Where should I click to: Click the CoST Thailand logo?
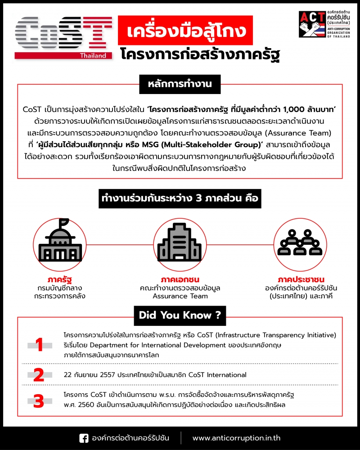point(63,36)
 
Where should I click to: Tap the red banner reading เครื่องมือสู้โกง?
point(182,31)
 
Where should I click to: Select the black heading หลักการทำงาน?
point(180,84)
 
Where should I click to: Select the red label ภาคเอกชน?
point(180,279)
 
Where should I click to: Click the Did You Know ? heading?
point(180,315)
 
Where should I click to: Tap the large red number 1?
point(40,345)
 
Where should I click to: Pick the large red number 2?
point(40,375)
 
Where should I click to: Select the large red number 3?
point(40,400)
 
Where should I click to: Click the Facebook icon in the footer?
point(84,438)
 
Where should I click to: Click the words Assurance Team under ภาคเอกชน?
point(180,296)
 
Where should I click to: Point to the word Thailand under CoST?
point(93,56)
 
